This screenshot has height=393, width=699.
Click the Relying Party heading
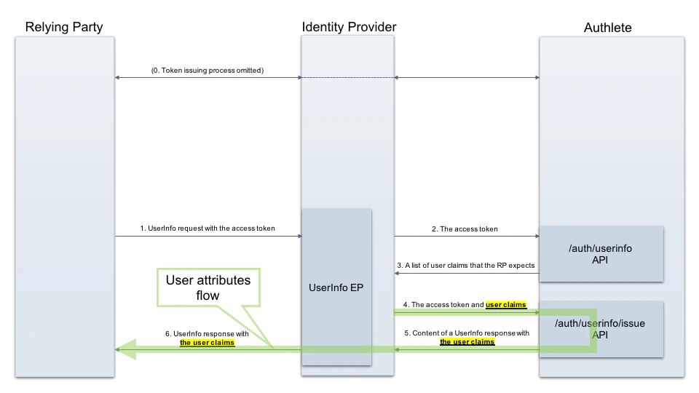pos(64,28)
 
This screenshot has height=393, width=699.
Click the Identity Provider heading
pos(349,28)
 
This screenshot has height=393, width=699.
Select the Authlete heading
pos(607,28)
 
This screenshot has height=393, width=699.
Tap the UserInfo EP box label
pos(336,287)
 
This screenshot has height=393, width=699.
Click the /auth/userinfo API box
pos(601,253)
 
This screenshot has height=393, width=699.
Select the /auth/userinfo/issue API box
pos(601,328)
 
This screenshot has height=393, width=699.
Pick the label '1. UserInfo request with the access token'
pos(208,229)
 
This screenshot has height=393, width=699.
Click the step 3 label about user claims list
pos(466,266)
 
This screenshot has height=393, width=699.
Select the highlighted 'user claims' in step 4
pos(506,304)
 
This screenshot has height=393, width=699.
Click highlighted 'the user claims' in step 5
pos(467,341)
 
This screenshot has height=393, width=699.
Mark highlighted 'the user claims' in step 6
pos(207,342)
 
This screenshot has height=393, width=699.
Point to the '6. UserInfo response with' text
pos(207,333)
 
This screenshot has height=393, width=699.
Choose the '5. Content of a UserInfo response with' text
pos(467,333)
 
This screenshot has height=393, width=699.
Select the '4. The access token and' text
pos(443,304)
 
